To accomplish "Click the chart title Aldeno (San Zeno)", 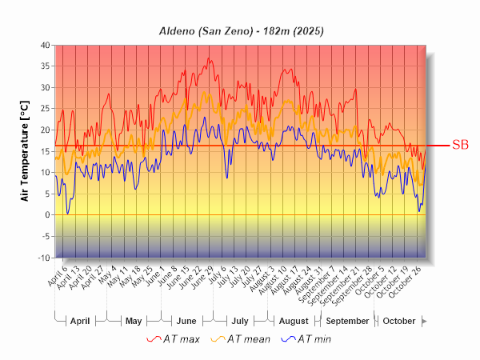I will [x=240, y=30].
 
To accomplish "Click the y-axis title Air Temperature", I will [x=25, y=151].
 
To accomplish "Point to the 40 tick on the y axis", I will [x=45, y=45].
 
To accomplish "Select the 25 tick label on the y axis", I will [x=45, y=109].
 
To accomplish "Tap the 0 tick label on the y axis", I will [x=47, y=215].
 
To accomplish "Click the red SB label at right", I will [x=460, y=145].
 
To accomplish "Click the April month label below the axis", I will [x=80, y=321].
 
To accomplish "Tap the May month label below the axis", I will [x=134, y=321].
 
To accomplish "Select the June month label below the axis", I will [x=186, y=321].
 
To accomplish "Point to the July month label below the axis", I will [x=239, y=321].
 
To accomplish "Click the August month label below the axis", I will [x=293, y=321].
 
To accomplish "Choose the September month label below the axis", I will [x=348, y=321].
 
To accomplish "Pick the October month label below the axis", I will [x=398, y=321].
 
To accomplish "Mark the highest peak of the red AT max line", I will [x=210, y=58].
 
